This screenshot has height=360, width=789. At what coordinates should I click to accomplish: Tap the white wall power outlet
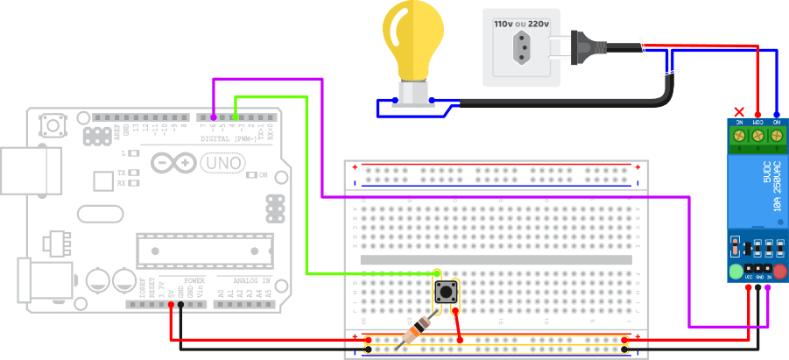click(522, 47)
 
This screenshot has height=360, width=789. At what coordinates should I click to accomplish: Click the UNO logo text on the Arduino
click(222, 163)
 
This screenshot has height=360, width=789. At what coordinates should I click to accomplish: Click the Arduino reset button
click(53, 126)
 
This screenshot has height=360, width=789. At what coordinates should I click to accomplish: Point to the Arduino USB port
click(31, 169)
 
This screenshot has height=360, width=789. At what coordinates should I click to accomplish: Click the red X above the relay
click(739, 112)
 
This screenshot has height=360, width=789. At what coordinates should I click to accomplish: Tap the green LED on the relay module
click(736, 272)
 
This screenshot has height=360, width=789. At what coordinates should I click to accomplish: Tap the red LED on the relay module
click(779, 272)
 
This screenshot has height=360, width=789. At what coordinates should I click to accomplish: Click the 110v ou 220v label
click(521, 24)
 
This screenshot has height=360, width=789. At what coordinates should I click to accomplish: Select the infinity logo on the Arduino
click(173, 163)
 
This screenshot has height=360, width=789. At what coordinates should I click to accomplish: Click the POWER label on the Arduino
click(194, 280)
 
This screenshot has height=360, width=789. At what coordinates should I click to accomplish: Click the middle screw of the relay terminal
click(757, 136)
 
